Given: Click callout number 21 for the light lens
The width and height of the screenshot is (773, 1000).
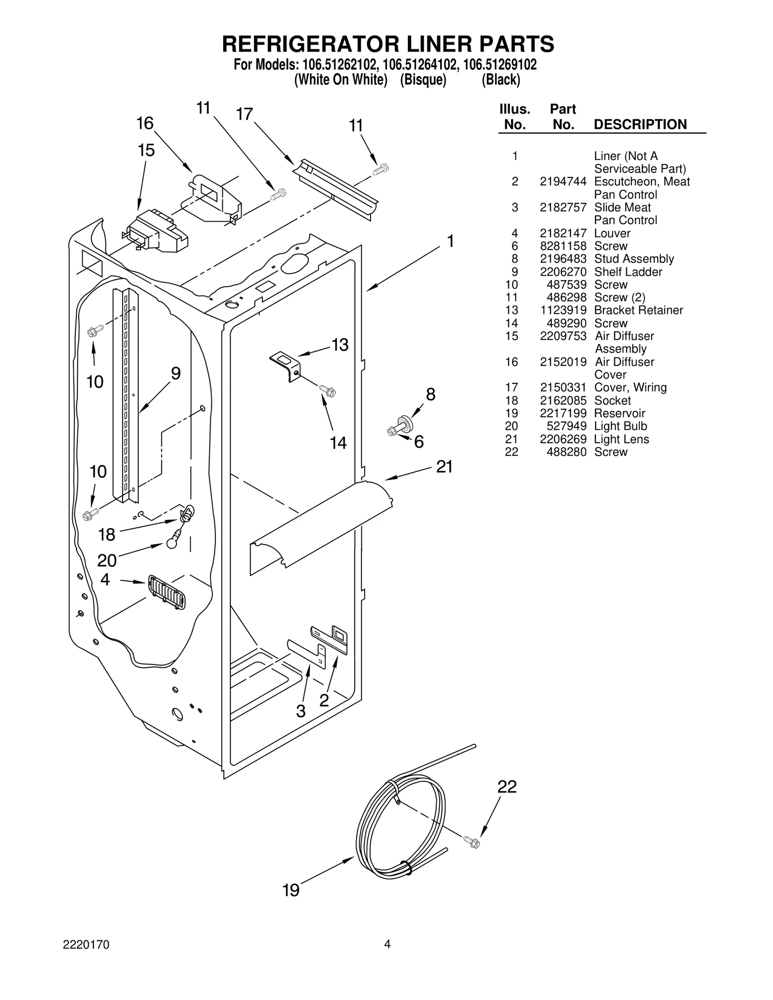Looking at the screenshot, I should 444,466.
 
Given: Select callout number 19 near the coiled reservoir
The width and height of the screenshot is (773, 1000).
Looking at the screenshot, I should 291,889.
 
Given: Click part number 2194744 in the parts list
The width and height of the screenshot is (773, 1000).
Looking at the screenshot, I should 563,182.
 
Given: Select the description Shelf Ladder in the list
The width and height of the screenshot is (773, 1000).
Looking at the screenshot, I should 628,272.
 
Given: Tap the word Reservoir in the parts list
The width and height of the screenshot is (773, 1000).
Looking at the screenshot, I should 619,413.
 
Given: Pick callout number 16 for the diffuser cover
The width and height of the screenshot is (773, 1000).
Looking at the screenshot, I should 144,123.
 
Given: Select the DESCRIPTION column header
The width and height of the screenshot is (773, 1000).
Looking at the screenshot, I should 640,124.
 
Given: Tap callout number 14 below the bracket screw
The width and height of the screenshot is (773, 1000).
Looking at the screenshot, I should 338,442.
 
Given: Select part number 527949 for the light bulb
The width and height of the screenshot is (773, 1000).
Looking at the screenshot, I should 566,426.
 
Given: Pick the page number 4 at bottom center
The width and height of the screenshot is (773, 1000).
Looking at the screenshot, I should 387,955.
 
